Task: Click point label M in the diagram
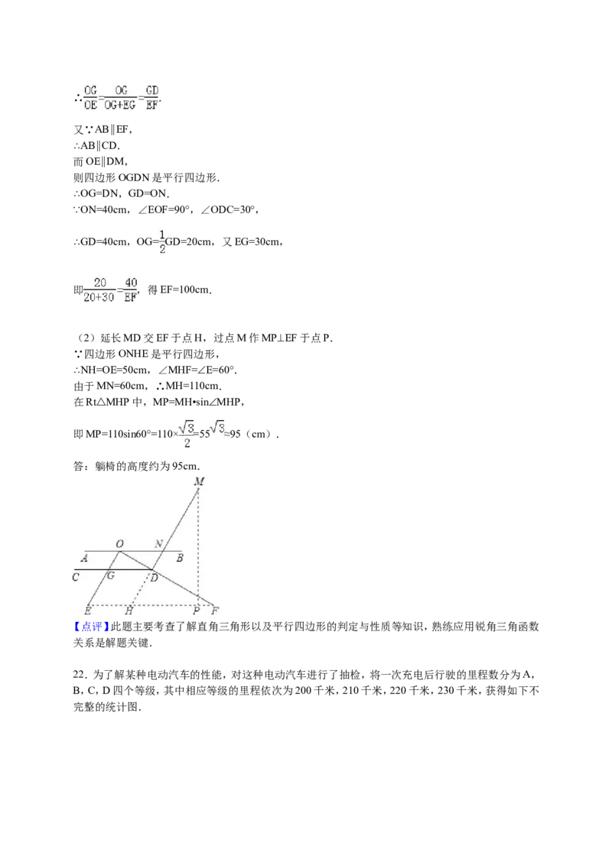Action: click(200, 481)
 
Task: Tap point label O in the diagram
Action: click(120, 544)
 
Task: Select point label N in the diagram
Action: click(158, 544)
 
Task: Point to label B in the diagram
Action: click(180, 559)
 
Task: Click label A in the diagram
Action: click(84, 559)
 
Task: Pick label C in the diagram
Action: click(76, 577)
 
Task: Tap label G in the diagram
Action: click(110, 575)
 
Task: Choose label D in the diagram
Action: click(154, 578)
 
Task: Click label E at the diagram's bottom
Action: click(87, 611)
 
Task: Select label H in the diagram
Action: click(129, 611)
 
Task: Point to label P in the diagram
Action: click(196, 611)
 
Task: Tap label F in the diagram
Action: click(215, 611)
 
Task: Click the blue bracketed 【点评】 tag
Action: click(91, 627)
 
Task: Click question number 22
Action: click(80, 675)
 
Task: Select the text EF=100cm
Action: click(186, 290)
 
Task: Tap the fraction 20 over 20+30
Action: click(99, 290)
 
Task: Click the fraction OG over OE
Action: click(90, 97)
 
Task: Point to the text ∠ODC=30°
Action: click(229, 209)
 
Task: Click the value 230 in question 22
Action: click(446, 691)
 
